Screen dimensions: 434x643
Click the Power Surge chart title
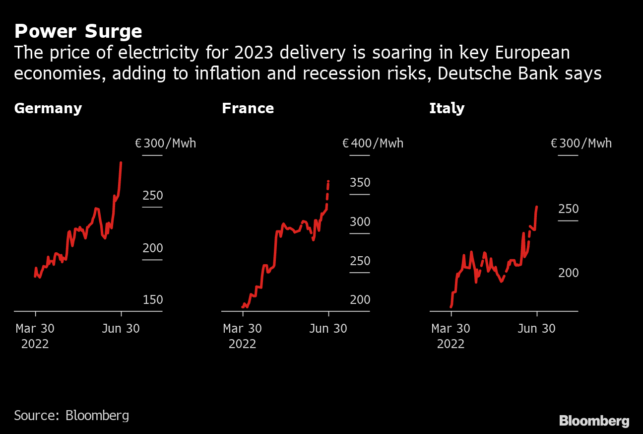pos(78,32)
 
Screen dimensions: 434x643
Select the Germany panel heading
pos(48,108)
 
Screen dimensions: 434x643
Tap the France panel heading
pos(248,108)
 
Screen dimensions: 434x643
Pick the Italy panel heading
pos(447,108)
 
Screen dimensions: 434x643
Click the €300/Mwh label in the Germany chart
pos(165,144)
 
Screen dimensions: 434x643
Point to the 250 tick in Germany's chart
pos(152,196)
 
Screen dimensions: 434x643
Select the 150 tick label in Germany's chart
pos(152,300)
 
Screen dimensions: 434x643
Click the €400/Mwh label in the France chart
pos(373,144)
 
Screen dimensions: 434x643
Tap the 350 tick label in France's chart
pos(360,183)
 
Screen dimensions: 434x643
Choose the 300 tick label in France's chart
pos(360,222)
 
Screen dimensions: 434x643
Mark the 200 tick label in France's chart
pos(360,300)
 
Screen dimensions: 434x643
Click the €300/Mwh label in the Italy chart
pos(581,144)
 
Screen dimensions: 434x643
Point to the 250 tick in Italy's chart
pos(568,209)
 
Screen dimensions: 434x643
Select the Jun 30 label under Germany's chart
pos(121,329)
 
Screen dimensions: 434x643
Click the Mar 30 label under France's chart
pos(243,329)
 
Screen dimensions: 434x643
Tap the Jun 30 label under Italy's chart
pos(536,329)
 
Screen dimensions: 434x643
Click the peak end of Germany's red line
pos(121,162)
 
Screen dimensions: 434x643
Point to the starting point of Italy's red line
pos(451,307)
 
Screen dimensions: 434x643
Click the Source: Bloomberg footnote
pos(71,415)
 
